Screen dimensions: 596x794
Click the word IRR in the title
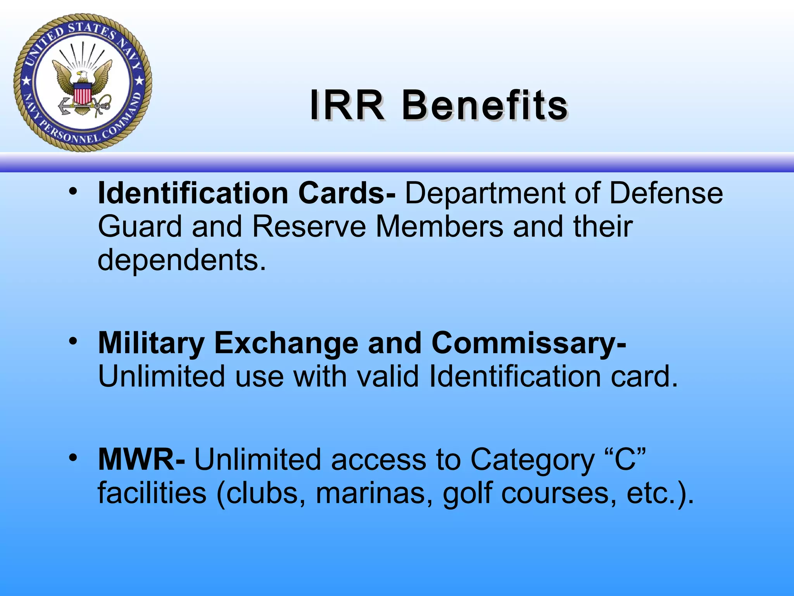tap(347, 106)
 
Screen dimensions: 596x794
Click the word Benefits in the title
tap(485, 106)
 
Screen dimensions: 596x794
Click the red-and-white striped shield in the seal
tap(82, 94)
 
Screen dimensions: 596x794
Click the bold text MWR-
tap(142, 460)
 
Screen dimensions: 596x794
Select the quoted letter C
tap(625, 460)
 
